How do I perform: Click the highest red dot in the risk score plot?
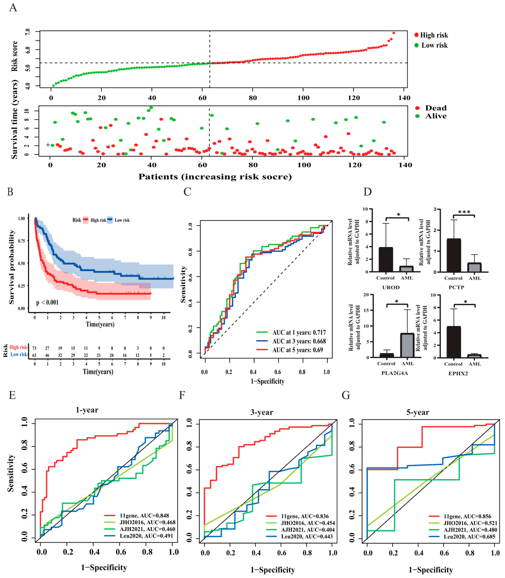[x=394, y=33]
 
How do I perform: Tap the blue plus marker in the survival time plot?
[x=48, y=145]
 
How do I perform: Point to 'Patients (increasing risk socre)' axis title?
[x=215, y=177]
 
